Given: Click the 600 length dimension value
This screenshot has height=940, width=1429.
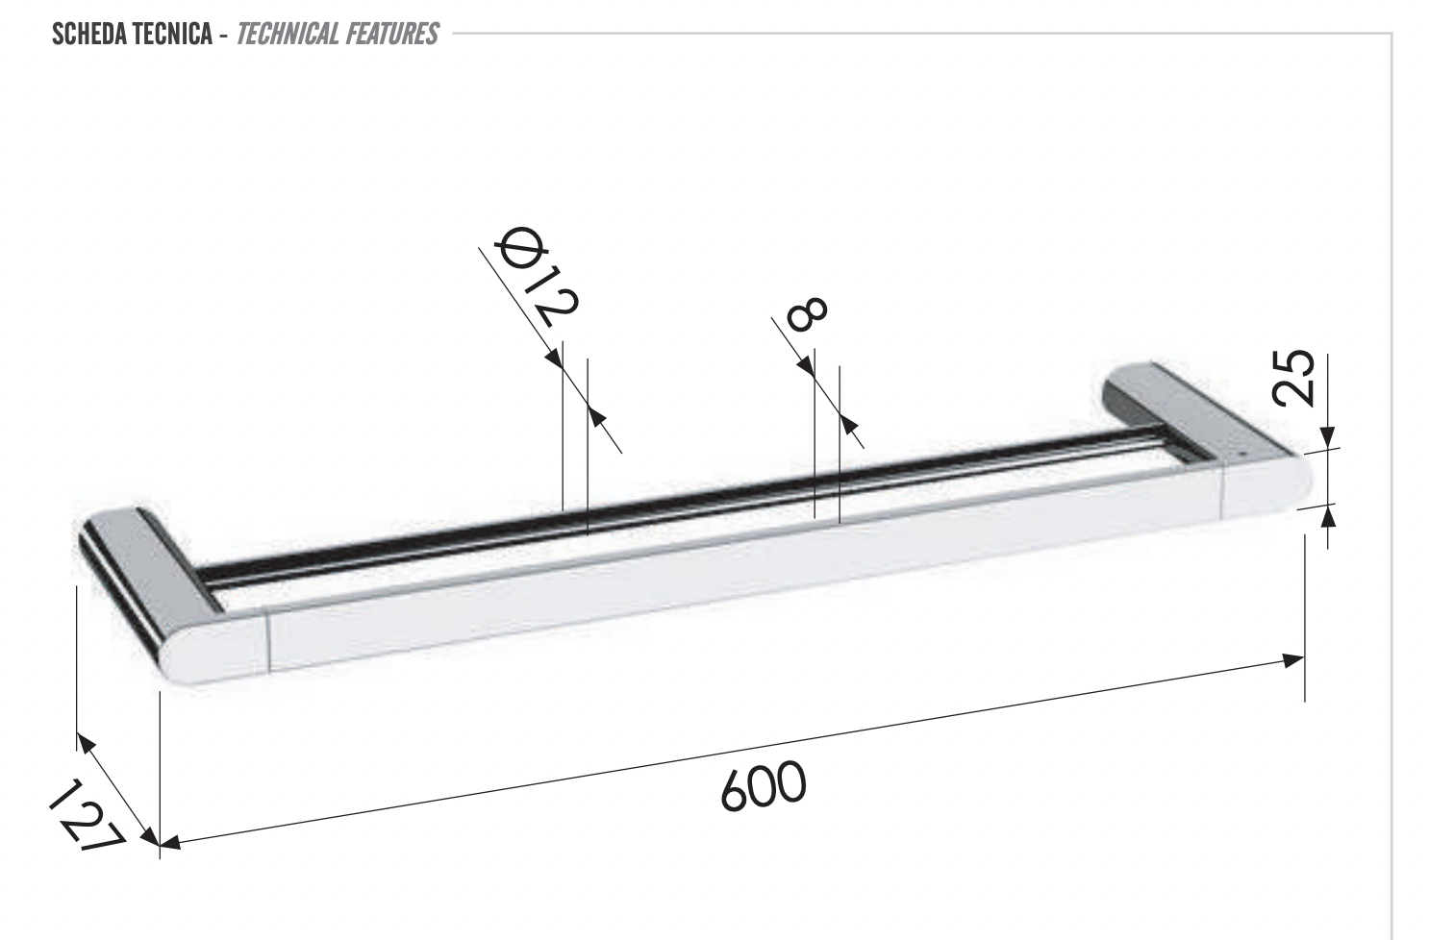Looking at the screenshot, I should [x=763, y=786].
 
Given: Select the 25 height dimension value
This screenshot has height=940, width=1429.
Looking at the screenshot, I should [x=1295, y=377].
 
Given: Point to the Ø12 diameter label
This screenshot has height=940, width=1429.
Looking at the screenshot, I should [x=538, y=278].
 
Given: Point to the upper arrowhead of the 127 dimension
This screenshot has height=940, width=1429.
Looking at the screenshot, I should [x=85, y=741].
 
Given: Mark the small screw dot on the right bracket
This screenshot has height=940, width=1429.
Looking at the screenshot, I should [x=1240, y=452].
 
